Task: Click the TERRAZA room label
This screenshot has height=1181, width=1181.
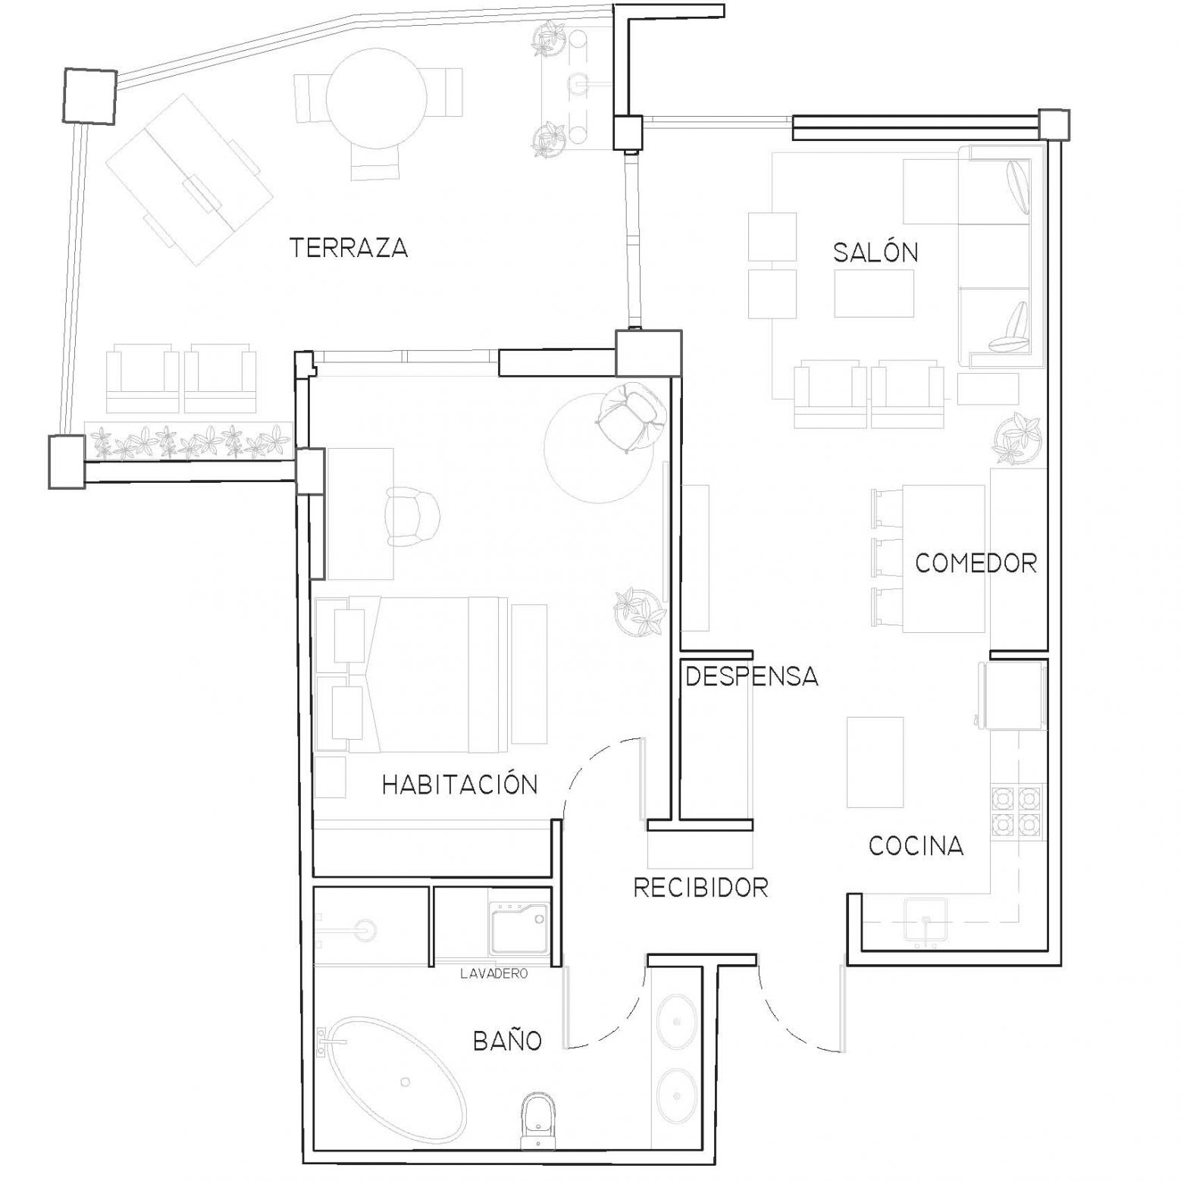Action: (349, 248)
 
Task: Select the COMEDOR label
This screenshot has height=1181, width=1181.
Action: (976, 562)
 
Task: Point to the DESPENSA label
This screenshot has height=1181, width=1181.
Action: (752, 676)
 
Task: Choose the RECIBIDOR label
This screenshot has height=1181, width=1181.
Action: (700, 887)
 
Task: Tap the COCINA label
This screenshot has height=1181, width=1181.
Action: (916, 845)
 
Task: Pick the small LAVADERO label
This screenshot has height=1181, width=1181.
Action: (493, 974)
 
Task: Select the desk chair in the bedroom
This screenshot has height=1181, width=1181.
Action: (412, 516)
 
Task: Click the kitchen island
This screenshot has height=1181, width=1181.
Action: (875, 763)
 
